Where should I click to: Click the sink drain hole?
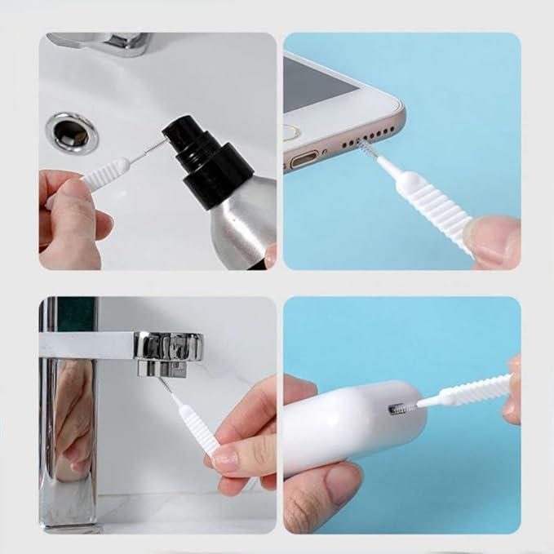72,132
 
